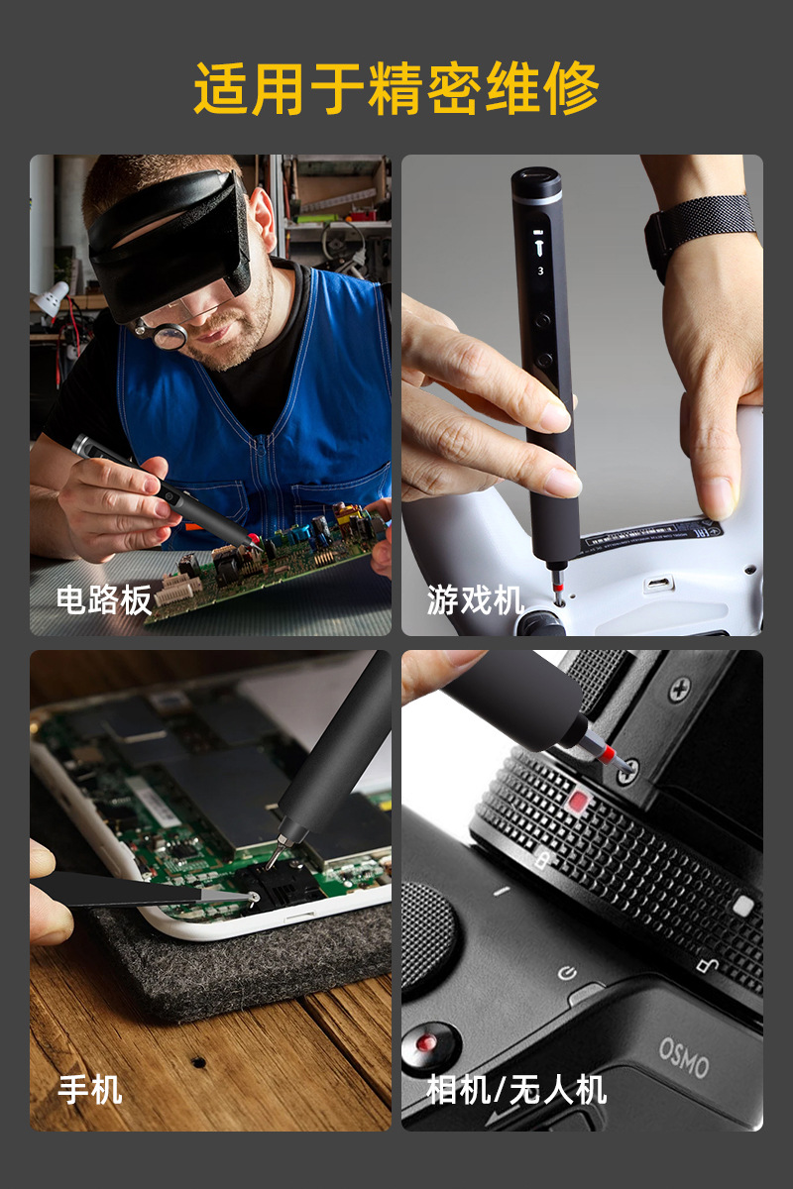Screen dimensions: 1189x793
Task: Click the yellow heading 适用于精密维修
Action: coord(396,89)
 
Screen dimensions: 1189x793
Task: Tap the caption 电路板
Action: coord(104,599)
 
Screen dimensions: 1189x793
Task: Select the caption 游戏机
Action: coord(475,599)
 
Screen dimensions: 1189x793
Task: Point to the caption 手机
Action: coord(90,1090)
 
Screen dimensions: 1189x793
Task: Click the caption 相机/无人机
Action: coord(516,1090)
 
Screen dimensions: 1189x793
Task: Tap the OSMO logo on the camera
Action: coord(684,1057)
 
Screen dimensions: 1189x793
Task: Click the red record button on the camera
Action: coord(427,1041)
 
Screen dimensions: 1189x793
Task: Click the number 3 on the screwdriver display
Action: coord(540,270)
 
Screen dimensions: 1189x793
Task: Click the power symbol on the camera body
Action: coord(567,973)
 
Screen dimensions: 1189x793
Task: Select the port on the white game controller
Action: coord(657,584)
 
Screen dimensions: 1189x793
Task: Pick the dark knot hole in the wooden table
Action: coord(198,1061)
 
